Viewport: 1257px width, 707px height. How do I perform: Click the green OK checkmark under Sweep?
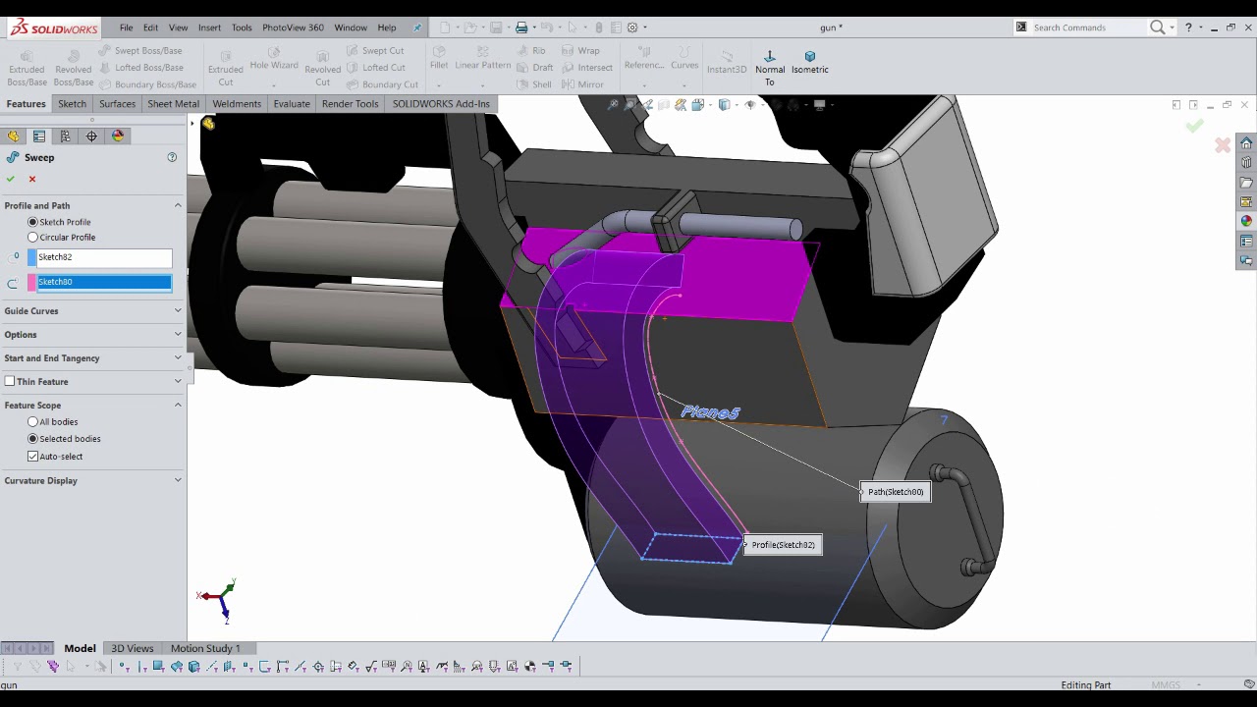(10, 179)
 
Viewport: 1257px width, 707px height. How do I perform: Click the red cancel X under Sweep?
(32, 179)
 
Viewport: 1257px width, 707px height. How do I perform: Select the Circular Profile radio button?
(33, 238)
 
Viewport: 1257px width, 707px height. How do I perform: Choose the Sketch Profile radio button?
(33, 222)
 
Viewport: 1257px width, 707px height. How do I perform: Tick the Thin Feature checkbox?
(10, 382)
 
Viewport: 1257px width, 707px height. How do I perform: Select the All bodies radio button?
(33, 422)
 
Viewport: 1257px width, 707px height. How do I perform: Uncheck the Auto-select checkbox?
(33, 457)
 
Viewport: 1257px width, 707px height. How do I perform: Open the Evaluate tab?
(292, 104)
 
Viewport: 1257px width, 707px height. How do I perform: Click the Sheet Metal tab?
(173, 104)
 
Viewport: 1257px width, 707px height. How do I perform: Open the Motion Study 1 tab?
(205, 648)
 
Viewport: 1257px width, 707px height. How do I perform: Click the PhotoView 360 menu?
(293, 27)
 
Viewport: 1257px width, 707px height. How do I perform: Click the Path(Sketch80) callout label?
(896, 492)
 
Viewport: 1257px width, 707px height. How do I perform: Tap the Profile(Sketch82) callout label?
(783, 545)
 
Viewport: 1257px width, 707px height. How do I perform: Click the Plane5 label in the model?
(710, 412)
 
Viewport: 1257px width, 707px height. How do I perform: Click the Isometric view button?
(809, 62)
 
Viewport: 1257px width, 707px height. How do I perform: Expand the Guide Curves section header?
(31, 311)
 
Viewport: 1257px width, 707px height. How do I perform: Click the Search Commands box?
(1085, 27)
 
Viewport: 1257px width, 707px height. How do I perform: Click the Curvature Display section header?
(40, 481)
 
